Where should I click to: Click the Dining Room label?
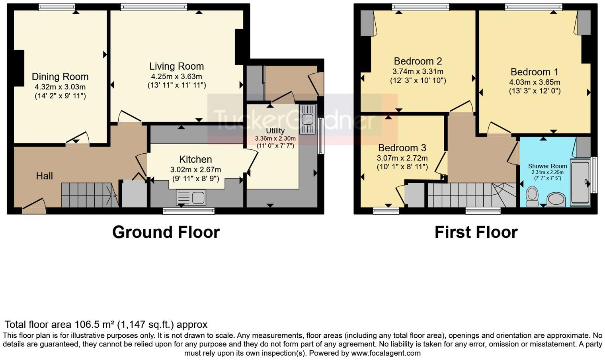(60, 76)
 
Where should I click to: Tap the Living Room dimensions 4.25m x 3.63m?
(176, 76)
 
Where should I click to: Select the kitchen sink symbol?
(191, 198)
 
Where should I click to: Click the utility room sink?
(307, 119)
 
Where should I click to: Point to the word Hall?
(44, 176)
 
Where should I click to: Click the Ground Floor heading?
(166, 232)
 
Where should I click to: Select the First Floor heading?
(476, 232)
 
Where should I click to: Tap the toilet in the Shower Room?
(532, 197)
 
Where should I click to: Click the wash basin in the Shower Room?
(556, 200)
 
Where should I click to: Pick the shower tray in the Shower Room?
(580, 183)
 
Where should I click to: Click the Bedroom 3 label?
(402, 148)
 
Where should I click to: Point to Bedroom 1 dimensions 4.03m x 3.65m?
(535, 82)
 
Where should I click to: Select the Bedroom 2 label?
(418, 61)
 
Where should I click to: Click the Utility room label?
(275, 131)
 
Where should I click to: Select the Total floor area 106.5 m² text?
(105, 325)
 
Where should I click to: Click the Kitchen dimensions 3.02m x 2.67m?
(195, 169)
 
